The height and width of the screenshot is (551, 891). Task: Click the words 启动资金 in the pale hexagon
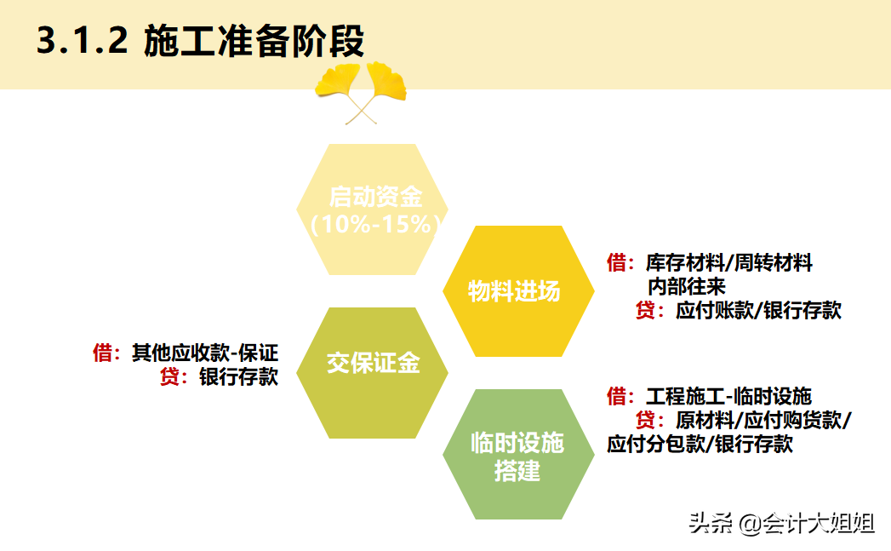(375, 198)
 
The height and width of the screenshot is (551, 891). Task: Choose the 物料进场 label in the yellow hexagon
(514, 291)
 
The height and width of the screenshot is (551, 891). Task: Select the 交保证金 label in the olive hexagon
(374, 364)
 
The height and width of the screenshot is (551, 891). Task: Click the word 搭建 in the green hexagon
(517, 471)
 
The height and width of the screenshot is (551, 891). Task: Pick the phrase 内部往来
(686, 287)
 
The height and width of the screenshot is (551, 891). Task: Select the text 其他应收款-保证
(205, 353)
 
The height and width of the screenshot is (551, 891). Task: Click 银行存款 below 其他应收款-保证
(238, 376)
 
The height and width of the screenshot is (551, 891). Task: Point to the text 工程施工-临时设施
(728, 396)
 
